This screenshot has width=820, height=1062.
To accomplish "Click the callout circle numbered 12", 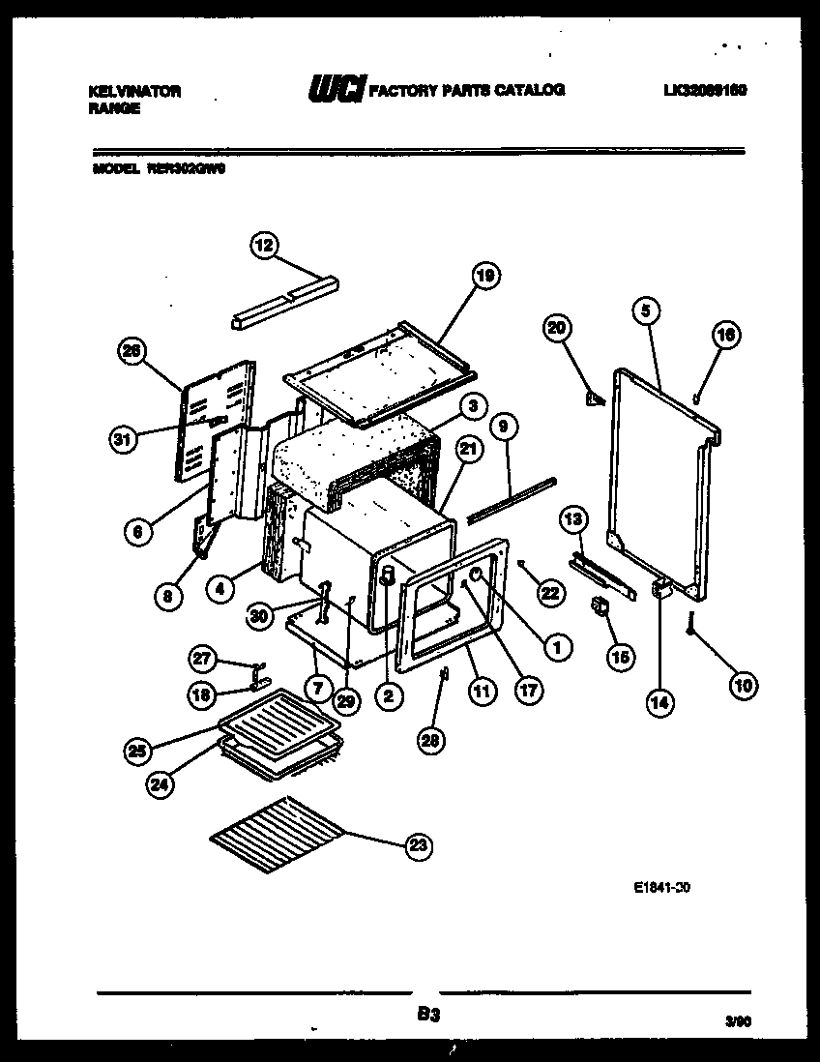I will coord(263,246).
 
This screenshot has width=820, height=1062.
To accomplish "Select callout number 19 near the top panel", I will coord(485,277).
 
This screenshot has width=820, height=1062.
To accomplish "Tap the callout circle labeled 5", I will coord(646,310).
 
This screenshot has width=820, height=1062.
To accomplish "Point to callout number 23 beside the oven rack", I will coord(417,845).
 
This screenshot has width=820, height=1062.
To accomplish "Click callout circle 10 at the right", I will coord(744,686).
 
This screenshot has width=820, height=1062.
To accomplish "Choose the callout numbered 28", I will coord(429,740).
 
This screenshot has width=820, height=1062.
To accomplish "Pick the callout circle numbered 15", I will coord(619,657).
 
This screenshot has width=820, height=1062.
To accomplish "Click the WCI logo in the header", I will coord(336,89).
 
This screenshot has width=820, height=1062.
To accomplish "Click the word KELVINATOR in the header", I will coord(133,90).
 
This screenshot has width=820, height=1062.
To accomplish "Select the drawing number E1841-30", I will coord(662,885).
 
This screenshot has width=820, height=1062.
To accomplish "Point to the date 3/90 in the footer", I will coord(737,1019).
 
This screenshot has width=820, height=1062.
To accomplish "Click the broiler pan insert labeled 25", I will coord(278,714).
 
